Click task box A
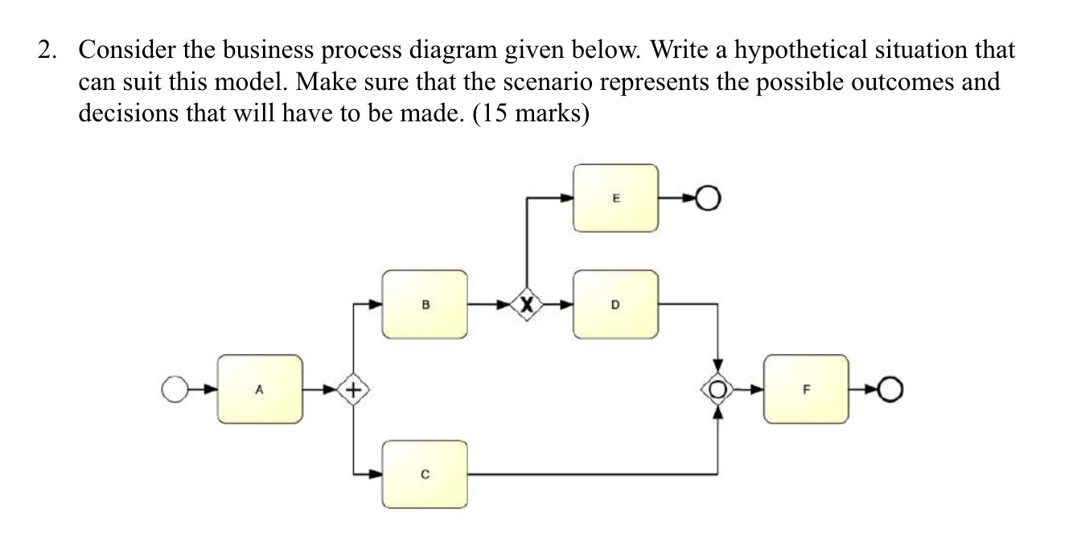(259, 390)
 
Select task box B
(425, 305)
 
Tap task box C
(425, 474)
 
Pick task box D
(615, 305)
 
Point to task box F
(805, 390)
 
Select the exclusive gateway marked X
(526, 305)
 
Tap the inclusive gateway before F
(717, 390)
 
